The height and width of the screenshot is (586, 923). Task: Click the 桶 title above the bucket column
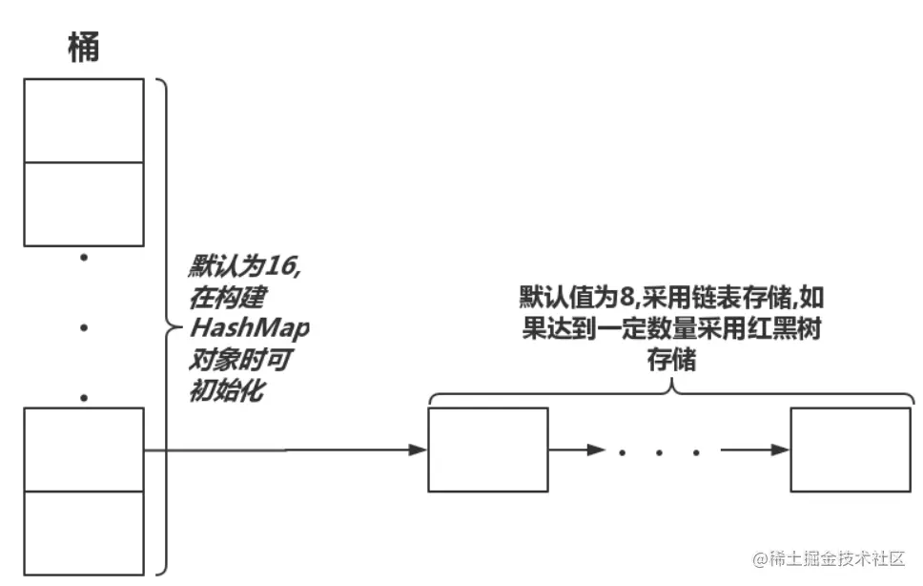[x=84, y=47]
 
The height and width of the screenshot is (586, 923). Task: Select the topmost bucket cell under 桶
[x=84, y=120]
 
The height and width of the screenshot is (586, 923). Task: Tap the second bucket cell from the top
[x=84, y=204]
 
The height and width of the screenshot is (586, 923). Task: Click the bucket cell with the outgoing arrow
[x=84, y=450]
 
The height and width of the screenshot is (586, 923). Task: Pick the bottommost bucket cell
[x=84, y=533]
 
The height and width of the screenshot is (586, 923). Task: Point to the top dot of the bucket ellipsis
[x=84, y=257]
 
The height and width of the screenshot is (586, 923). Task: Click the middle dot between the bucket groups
[x=84, y=327]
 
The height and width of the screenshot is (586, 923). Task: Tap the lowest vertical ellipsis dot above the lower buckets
[x=84, y=396]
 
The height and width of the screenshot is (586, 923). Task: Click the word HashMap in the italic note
[x=251, y=328]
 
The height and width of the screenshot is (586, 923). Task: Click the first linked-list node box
[x=488, y=450]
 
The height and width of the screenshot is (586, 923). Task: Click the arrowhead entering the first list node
[x=418, y=450]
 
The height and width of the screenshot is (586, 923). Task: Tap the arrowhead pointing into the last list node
[x=781, y=450]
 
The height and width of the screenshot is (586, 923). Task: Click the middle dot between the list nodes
[x=659, y=451]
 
